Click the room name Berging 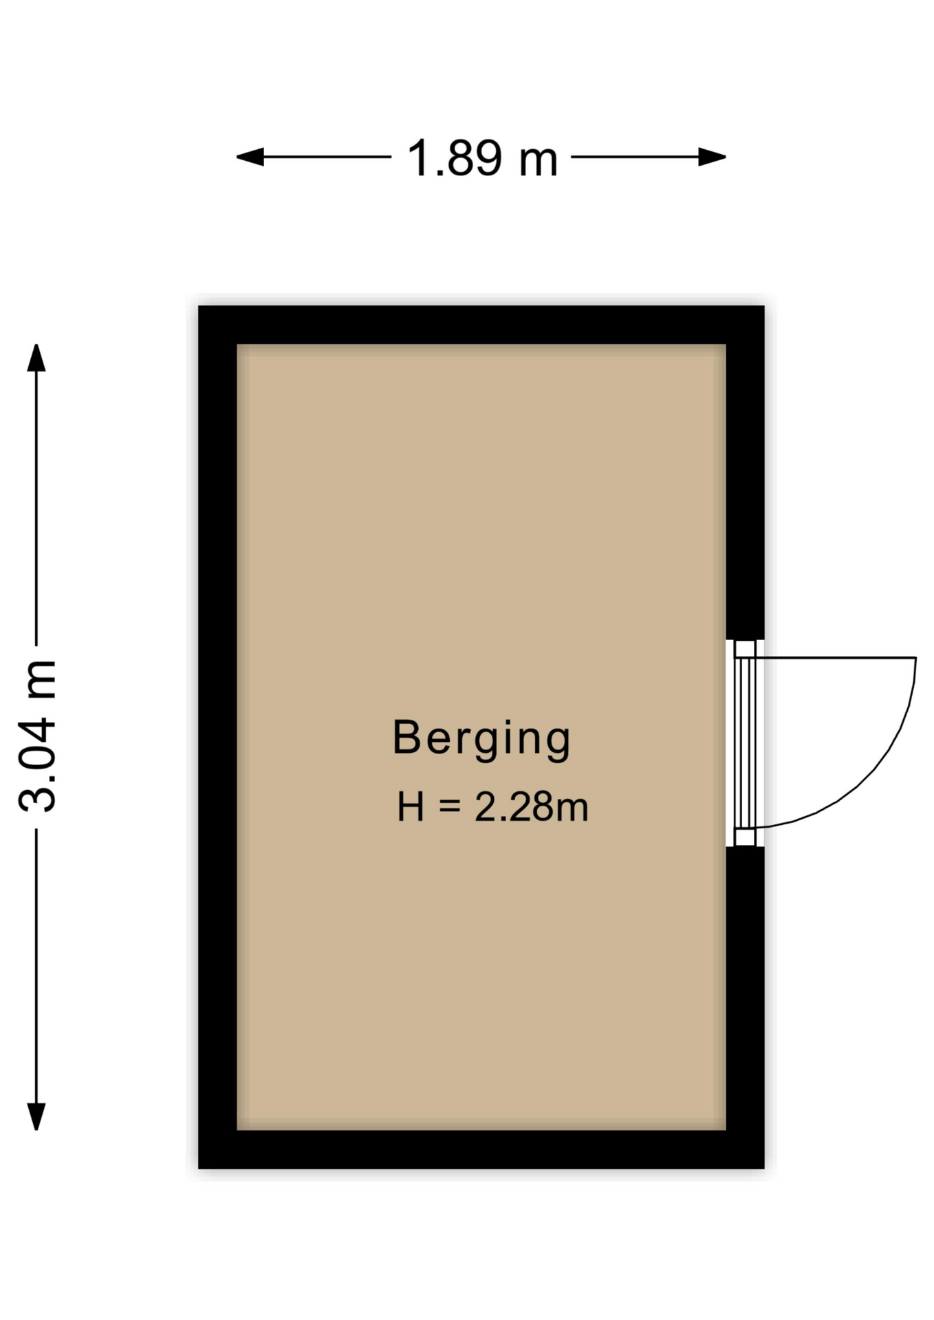pos(481,739)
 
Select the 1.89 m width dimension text pos(482,158)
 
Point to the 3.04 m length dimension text pos(38,736)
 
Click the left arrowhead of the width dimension pos(250,157)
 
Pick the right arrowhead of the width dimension pos(713,157)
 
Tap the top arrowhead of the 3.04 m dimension pos(36,357)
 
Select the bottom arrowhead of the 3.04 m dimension pos(36,1116)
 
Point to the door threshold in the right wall pos(745,743)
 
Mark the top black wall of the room pos(481,324)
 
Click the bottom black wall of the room pos(481,1149)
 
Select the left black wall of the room pos(217,737)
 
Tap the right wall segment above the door pos(746,492)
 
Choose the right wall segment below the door pos(746,989)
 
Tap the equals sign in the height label pos(450,807)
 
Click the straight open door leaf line pos(836,658)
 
